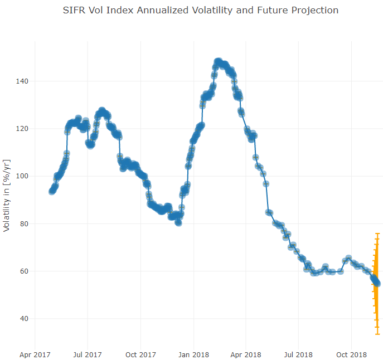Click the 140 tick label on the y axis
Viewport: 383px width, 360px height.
21,81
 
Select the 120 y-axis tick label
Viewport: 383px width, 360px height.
21,129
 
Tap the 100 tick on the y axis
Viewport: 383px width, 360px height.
21,176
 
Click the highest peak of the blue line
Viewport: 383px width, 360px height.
218,61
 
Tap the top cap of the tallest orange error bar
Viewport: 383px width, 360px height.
377,233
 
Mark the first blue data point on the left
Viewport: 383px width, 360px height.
52,191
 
